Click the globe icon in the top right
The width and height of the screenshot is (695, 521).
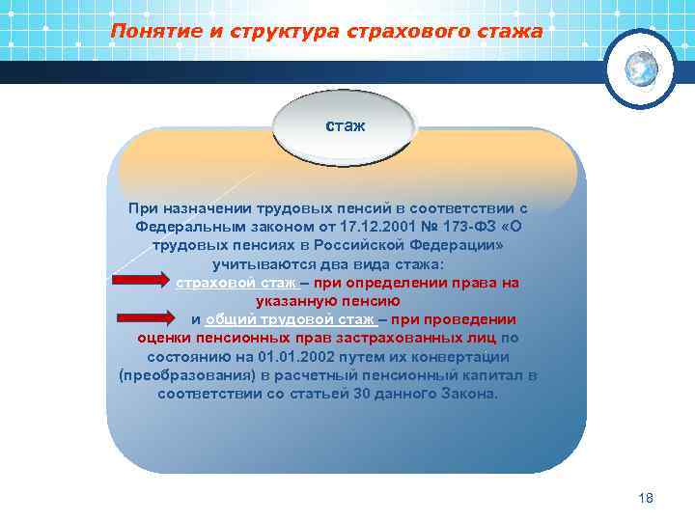[x=640, y=67]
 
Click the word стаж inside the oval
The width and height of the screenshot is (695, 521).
[x=345, y=126]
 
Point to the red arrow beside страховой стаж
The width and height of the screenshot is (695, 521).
[x=142, y=283]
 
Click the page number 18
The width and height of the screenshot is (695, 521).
[x=646, y=498]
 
